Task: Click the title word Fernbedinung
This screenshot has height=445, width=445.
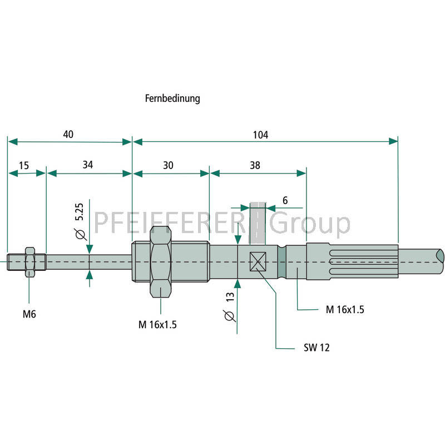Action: pyautogui.click(x=172, y=98)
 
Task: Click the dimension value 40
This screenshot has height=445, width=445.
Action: pyautogui.click(x=68, y=134)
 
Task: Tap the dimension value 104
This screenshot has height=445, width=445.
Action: pyautogui.click(x=260, y=135)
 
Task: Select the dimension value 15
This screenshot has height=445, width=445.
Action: pyautogui.click(x=24, y=165)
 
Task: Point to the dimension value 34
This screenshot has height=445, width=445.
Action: pyautogui.click(x=88, y=165)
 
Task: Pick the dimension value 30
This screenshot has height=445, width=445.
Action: pyautogui.click(x=168, y=165)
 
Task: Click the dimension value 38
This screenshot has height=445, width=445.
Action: pyautogui.click(x=255, y=165)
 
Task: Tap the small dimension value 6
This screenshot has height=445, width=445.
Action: pyautogui.click(x=285, y=200)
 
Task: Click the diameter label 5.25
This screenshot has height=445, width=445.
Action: pyautogui.click(x=79, y=212)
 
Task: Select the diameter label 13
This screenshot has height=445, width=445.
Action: pyautogui.click(x=230, y=297)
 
